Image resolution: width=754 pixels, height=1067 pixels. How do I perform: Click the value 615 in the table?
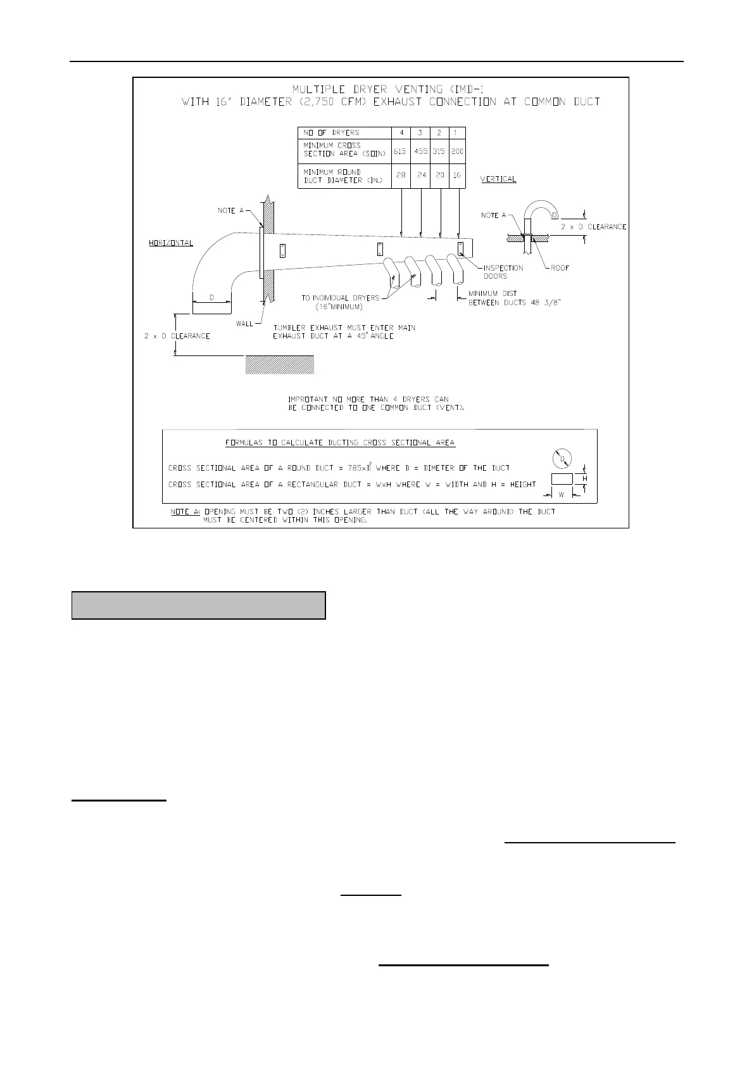click(x=399, y=152)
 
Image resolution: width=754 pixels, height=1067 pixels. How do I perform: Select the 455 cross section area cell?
click(x=421, y=152)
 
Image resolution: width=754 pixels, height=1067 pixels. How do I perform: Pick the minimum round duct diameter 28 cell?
click(x=400, y=175)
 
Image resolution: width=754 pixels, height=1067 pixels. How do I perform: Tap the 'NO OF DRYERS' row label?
click(x=331, y=132)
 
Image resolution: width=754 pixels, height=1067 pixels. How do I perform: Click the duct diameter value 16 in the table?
click(x=456, y=175)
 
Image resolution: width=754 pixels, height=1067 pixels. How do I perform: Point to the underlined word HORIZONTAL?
click(x=171, y=243)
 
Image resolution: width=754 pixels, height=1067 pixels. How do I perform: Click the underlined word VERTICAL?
click(x=498, y=179)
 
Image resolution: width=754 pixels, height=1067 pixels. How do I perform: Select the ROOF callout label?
click(x=560, y=268)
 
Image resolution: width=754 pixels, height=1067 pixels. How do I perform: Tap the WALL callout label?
click(x=244, y=324)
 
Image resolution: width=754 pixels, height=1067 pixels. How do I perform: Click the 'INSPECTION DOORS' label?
click(x=503, y=272)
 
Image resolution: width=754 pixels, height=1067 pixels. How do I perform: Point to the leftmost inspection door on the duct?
click(x=282, y=252)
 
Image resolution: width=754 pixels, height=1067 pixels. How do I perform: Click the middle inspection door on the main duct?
click(x=380, y=249)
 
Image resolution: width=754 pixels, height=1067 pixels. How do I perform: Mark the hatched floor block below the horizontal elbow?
click(x=279, y=364)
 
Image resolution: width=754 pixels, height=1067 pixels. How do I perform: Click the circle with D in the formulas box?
click(x=562, y=459)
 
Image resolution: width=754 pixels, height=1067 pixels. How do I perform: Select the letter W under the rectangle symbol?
click(x=561, y=495)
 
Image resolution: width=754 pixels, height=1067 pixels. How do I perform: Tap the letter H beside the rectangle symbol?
click(x=585, y=479)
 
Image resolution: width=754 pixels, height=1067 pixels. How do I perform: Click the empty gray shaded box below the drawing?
click(x=198, y=605)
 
